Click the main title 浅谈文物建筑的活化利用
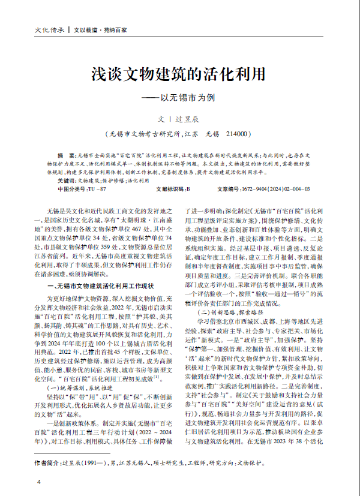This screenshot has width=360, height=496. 179,74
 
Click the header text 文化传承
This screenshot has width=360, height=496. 50,29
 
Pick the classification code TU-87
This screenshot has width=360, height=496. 97,188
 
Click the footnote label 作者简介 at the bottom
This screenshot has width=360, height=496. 48,464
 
